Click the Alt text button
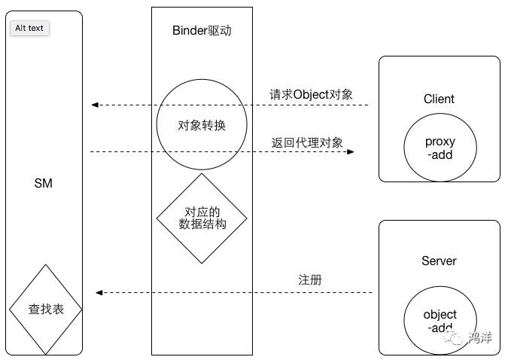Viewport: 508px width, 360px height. click(29, 28)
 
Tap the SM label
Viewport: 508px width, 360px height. click(44, 183)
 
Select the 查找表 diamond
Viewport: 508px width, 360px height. click(46, 309)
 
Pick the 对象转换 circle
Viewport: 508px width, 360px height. click(201, 125)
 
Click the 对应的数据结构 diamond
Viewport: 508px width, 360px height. click(201, 218)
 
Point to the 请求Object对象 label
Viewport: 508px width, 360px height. click(311, 95)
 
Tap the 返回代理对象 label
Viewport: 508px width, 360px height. click(307, 142)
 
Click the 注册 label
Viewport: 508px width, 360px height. click(310, 279)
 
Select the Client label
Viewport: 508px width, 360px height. click(439, 99)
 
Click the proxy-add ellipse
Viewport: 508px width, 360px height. click(440, 148)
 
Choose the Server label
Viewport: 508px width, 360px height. click(439, 261)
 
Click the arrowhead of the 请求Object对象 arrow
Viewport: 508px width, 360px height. click(94, 105)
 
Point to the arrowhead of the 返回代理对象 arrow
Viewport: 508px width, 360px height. click(350, 152)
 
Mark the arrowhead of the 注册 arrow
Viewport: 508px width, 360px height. click(99, 292)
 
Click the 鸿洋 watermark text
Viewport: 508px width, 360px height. click(480, 337)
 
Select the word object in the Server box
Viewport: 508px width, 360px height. click(440, 315)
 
